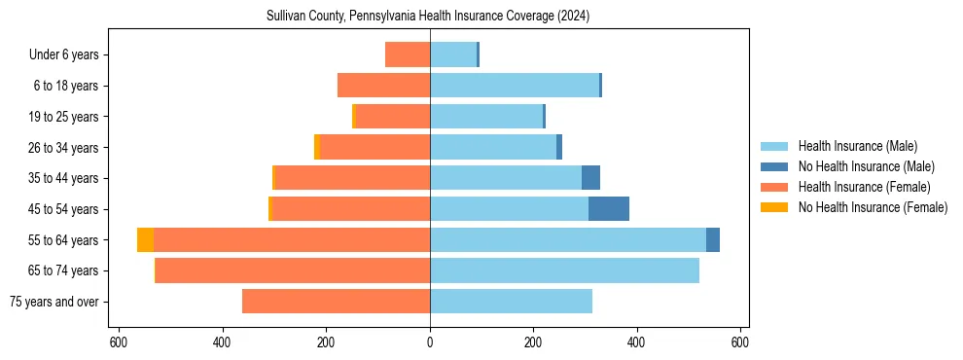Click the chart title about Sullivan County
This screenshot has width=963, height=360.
tap(428, 17)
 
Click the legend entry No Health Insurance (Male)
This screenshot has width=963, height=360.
tap(859, 166)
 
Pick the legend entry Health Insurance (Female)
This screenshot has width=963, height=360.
tap(857, 187)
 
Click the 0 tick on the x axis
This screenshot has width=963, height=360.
tap(430, 342)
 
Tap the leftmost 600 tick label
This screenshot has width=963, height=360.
tap(118, 342)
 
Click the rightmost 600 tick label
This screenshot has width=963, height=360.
tap(739, 342)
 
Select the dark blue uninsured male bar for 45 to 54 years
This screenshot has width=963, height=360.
tap(609, 209)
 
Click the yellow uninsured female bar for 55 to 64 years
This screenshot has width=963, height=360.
tap(145, 239)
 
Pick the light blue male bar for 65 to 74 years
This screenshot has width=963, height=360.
tap(564, 270)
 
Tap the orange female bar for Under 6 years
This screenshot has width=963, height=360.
tap(408, 54)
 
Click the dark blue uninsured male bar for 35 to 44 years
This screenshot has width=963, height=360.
tap(590, 178)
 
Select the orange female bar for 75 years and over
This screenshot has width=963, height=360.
tap(336, 302)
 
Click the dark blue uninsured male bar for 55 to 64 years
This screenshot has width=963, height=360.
tap(713, 239)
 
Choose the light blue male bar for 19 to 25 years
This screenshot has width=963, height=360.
tap(485, 117)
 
